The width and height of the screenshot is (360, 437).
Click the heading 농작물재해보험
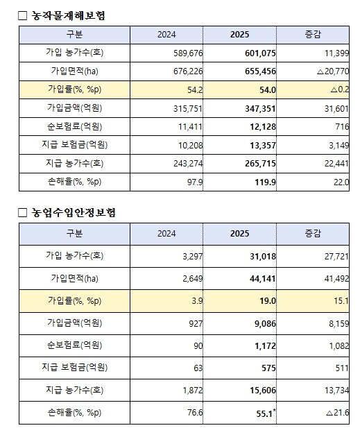72,15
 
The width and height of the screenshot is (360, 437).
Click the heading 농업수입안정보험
77,212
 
